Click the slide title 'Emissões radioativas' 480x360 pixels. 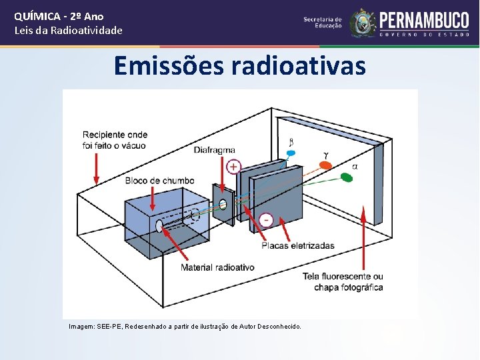click(x=239, y=66)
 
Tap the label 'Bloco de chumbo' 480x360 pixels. click(x=159, y=181)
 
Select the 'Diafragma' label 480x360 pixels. click(x=215, y=150)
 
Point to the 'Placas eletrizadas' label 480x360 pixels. click(x=298, y=245)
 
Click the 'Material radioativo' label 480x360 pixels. click(x=217, y=267)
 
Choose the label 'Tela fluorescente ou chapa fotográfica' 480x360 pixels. click(x=343, y=282)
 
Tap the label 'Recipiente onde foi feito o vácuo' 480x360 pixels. click(x=115, y=140)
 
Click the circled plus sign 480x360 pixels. click(x=233, y=167)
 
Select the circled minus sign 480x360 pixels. click(x=266, y=219)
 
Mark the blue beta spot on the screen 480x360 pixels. click(x=291, y=153)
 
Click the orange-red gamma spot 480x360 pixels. click(x=325, y=165)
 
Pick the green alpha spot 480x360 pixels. click(x=347, y=177)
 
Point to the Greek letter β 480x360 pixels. click(x=291, y=141)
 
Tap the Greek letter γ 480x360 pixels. click(x=326, y=155)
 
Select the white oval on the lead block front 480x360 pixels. click(x=160, y=227)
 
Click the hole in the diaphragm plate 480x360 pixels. click(x=223, y=203)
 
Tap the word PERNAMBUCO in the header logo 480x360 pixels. click(x=424, y=19)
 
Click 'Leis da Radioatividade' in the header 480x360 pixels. click(x=69, y=30)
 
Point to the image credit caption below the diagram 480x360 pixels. click(x=185, y=327)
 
